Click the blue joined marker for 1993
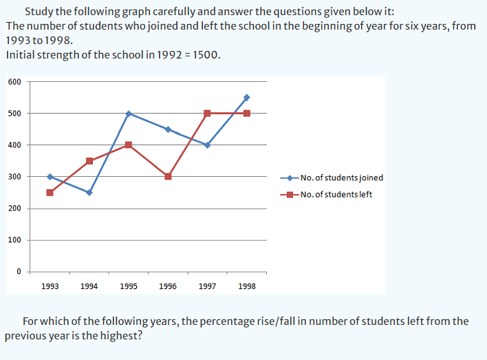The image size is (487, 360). point(50,177)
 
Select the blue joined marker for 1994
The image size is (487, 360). point(89,193)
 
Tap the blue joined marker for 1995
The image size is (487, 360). point(129,114)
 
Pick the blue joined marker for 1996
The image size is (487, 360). point(168,129)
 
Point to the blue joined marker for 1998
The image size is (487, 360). point(246,98)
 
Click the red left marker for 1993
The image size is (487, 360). point(50,193)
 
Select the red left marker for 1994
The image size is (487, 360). point(89,161)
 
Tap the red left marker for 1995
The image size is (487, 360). point(129,145)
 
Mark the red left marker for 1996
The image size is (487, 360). point(168,176)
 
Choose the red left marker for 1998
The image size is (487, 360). point(246,114)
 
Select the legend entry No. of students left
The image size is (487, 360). point(336,194)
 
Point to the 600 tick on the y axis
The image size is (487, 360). point(15,81)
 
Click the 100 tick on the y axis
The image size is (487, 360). point(15,240)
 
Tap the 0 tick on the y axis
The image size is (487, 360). point(20,271)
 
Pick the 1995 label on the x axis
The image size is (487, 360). point(128,286)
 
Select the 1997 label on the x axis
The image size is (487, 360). point(207,286)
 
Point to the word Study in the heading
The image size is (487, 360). point(37,12)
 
